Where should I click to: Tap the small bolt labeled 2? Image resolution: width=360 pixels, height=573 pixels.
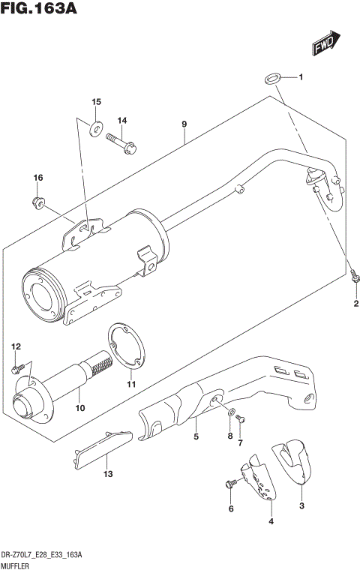352,277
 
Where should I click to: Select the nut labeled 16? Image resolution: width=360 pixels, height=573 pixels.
37,201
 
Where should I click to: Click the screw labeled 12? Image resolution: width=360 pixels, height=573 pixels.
18,368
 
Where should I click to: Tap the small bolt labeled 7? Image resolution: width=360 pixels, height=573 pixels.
240,424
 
